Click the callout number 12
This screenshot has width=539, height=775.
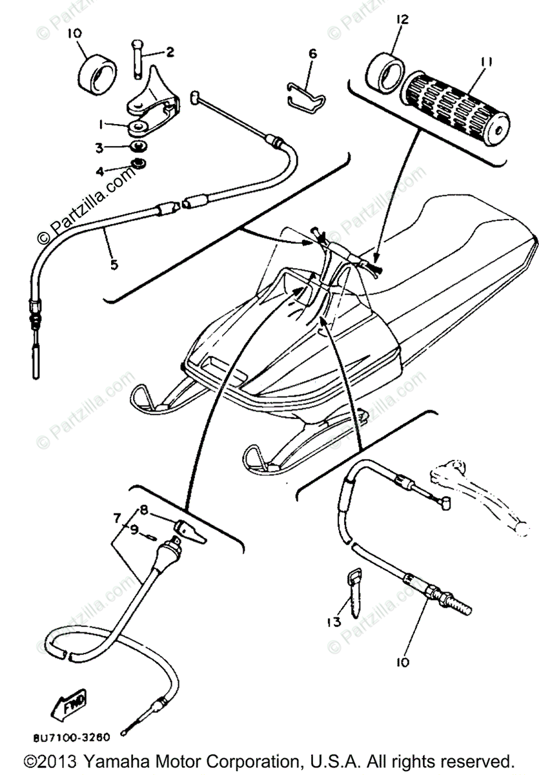pyautogui.click(x=402, y=21)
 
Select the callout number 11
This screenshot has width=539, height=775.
pyautogui.click(x=485, y=62)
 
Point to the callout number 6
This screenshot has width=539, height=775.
pyautogui.click(x=312, y=54)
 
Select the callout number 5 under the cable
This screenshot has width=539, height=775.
pyautogui.click(x=114, y=264)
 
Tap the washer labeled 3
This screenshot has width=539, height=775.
pyautogui.click(x=137, y=147)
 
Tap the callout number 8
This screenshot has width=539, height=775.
pyautogui.click(x=143, y=509)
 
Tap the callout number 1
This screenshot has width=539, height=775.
pyautogui.click(x=101, y=124)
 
